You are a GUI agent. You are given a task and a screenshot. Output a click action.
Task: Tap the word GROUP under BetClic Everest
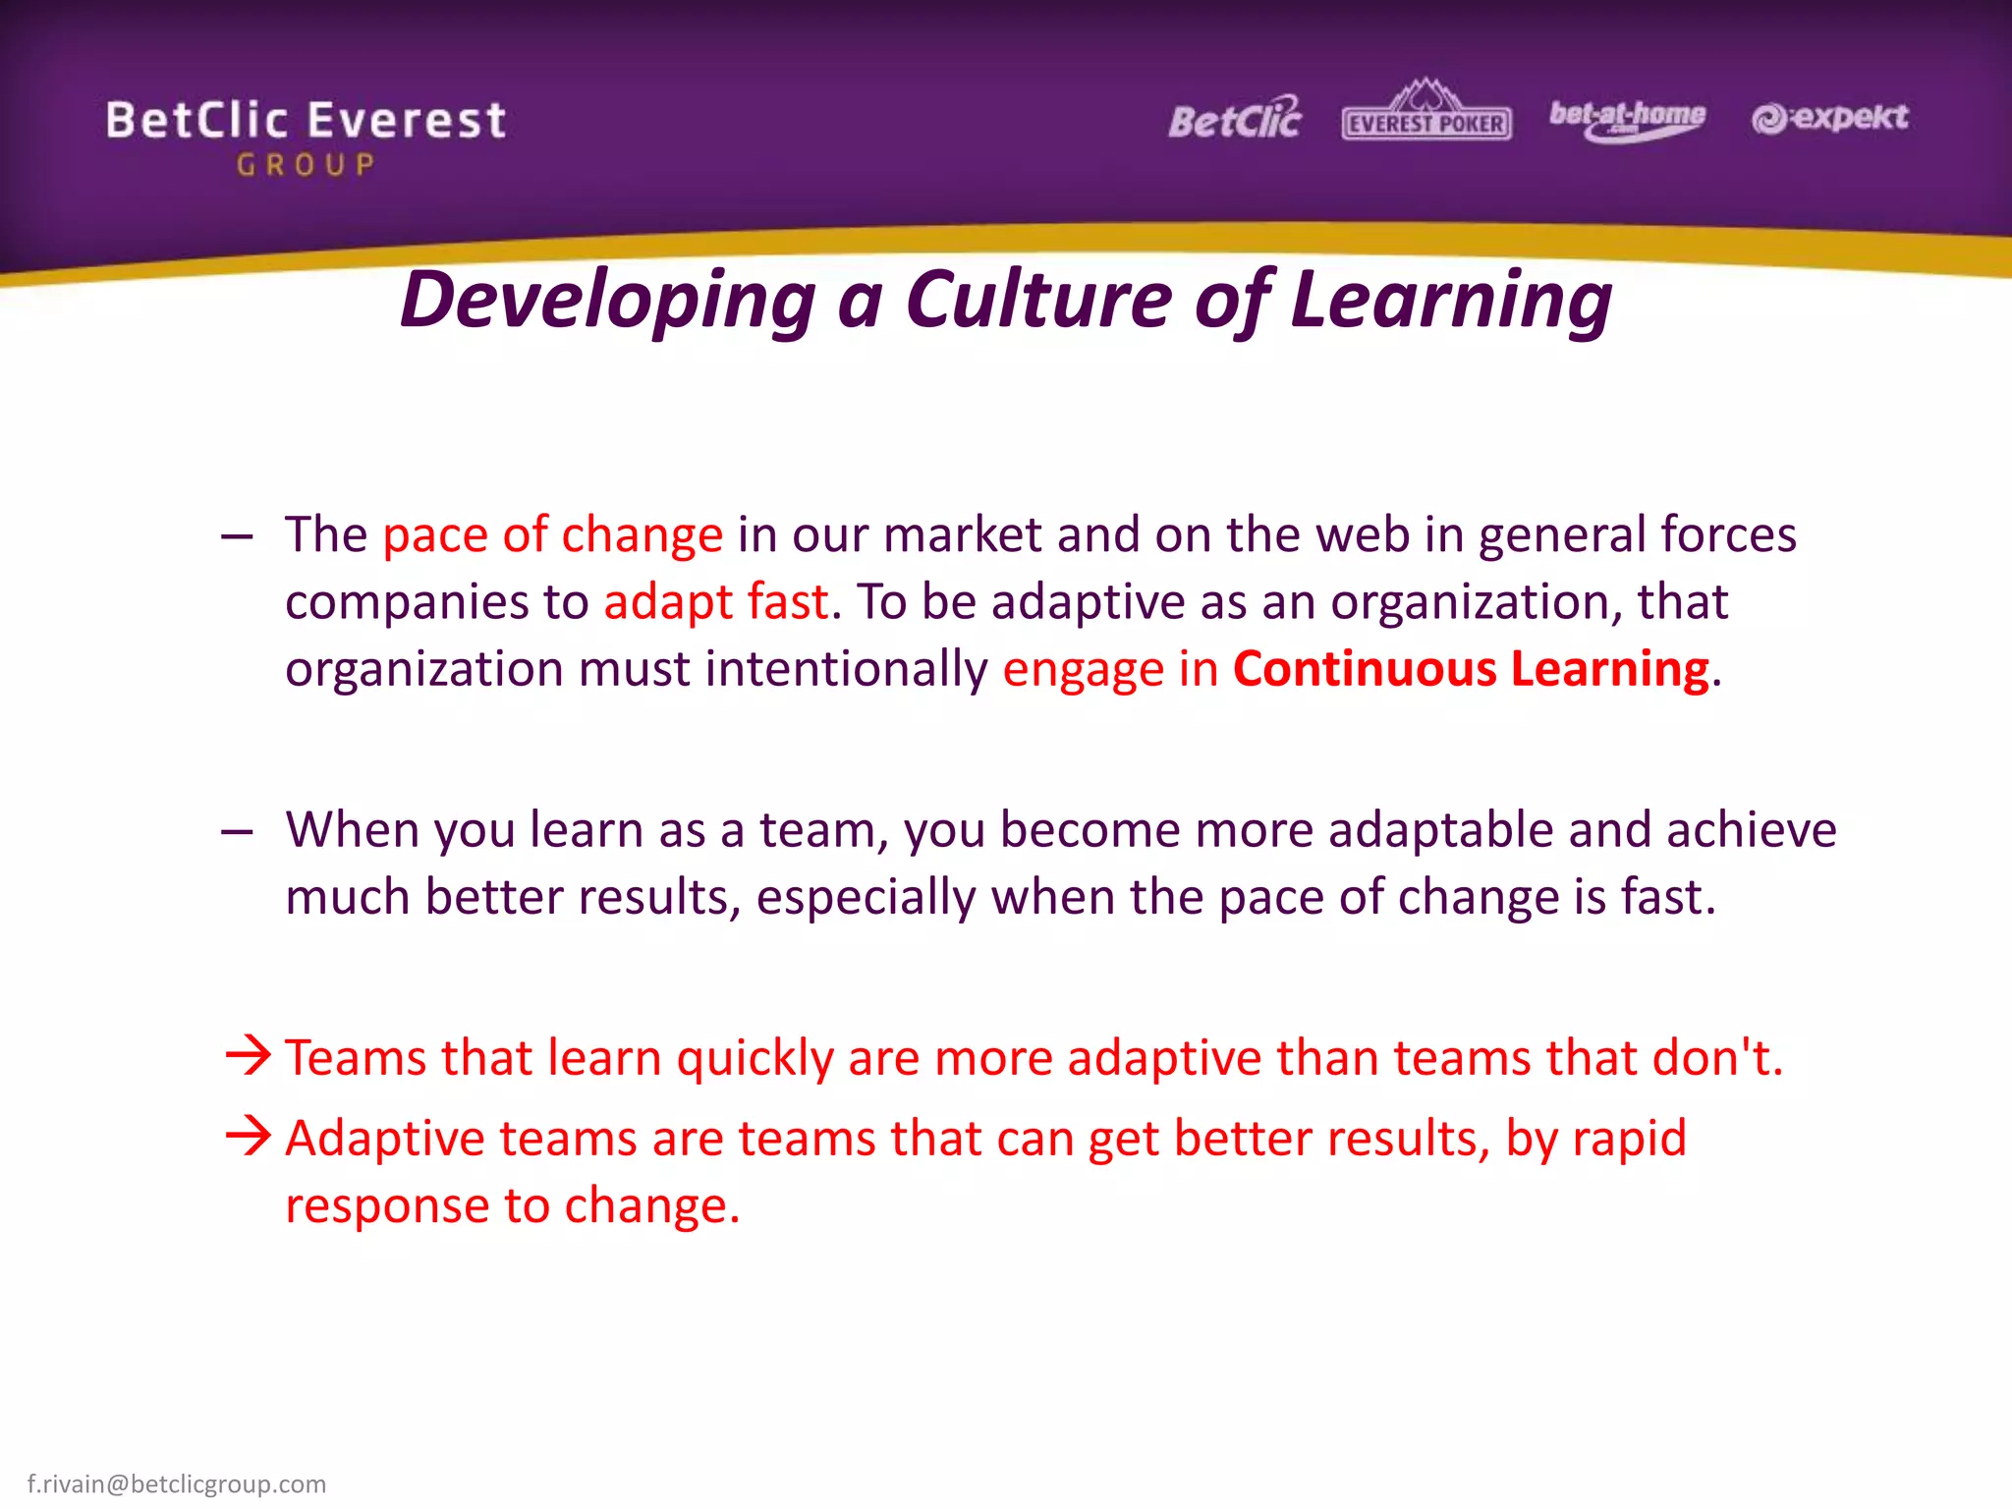[x=306, y=165]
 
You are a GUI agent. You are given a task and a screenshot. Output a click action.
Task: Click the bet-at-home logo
[x=1628, y=118]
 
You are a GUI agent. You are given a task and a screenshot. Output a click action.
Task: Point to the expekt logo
[x=1829, y=118]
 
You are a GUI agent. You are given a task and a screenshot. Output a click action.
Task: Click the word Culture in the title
[x=1038, y=299]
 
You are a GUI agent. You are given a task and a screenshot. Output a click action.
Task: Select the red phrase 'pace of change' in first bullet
[x=552, y=535]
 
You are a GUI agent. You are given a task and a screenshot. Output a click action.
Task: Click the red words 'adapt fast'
[x=715, y=601]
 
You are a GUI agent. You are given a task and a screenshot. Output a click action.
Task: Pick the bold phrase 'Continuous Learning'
[x=1471, y=669]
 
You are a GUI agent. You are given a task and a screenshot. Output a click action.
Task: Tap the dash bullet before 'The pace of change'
[x=238, y=536]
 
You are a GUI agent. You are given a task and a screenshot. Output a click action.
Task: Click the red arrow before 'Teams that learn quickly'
[x=248, y=1055]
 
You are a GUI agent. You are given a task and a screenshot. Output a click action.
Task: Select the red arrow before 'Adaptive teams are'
[x=248, y=1136]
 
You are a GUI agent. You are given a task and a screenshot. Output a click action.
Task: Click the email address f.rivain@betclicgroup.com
[x=177, y=1483]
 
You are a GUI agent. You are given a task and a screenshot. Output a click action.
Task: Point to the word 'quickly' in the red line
[x=754, y=1059]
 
